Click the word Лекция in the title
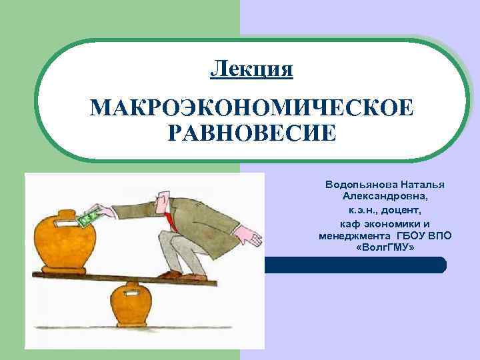[x=251, y=68]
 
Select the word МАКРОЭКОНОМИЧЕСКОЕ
[x=251, y=108]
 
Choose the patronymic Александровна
[x=386, y=197]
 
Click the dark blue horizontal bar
[x=353, y=265]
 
